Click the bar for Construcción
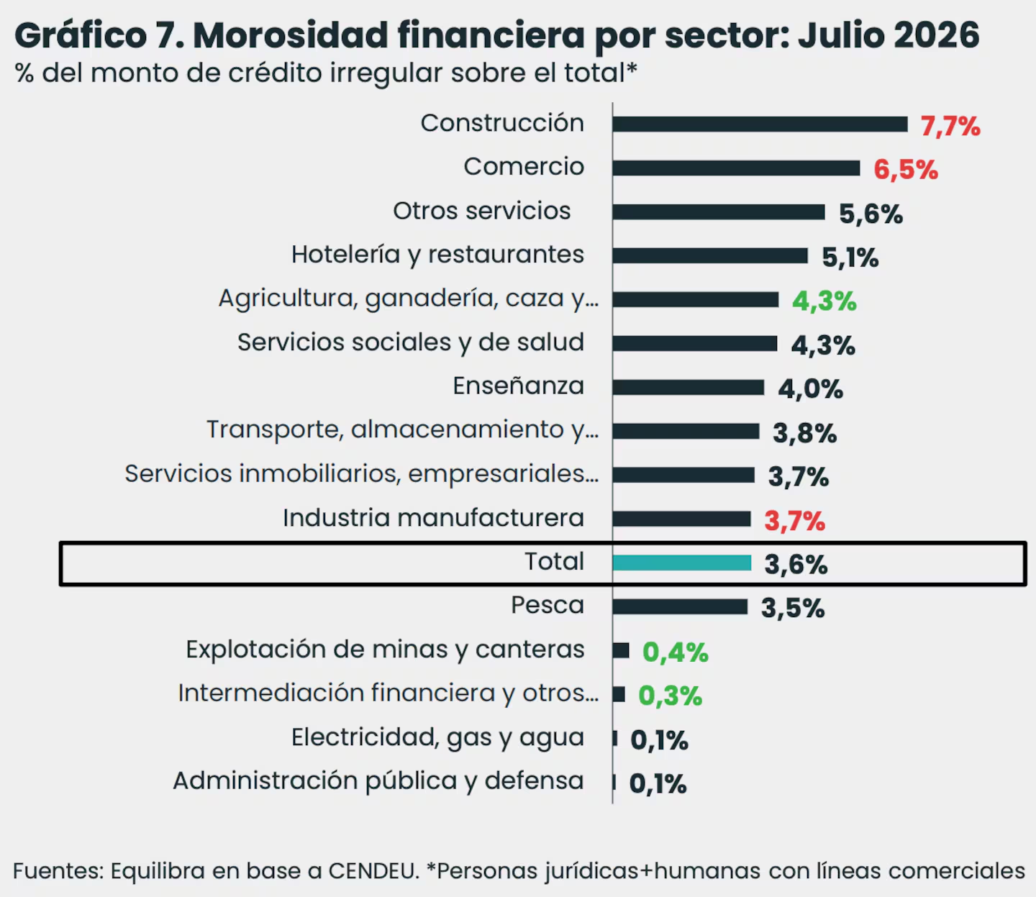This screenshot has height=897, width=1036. pyautogui.click(x=760, y=124)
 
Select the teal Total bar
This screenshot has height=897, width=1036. pyautogui.click(x=681, y=563)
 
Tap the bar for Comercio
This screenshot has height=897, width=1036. pyautogui.click(x=736, y=168)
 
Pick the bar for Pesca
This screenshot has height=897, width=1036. pyautogui.click(x=680, y=606)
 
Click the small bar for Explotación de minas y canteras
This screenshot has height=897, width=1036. pyautogui.click(x=620, y=650)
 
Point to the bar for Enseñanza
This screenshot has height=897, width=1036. pyautogui.click(x=689, y=388)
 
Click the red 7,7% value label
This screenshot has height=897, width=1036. pyautogui.click(x=950, y=127)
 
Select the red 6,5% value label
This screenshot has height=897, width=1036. pyautogui.click(x=906, y=170)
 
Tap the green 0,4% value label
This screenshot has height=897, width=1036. pyautogui.click(x=675, y=652)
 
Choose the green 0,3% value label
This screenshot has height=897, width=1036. pyautogui.click(x=670, y=696)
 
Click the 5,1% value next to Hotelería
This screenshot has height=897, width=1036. pyautogui.click(x=850, y=258)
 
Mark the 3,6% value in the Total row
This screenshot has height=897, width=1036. pyautogui.click(x=796, y=565)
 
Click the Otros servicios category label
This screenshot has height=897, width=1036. pyautogui.click(x=481, y=211)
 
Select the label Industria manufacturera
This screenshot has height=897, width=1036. pyautogui.click(x=434, y=518)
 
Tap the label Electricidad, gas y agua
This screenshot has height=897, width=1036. pyautogui.click(x=438, y=737)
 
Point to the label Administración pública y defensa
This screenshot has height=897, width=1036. pyautogui.click(x=378, y=781)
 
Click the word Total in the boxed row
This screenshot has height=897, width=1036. pyautogui.click(x=555, y=561)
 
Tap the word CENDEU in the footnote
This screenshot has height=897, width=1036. pyautogui.click(x=373, y=871)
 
